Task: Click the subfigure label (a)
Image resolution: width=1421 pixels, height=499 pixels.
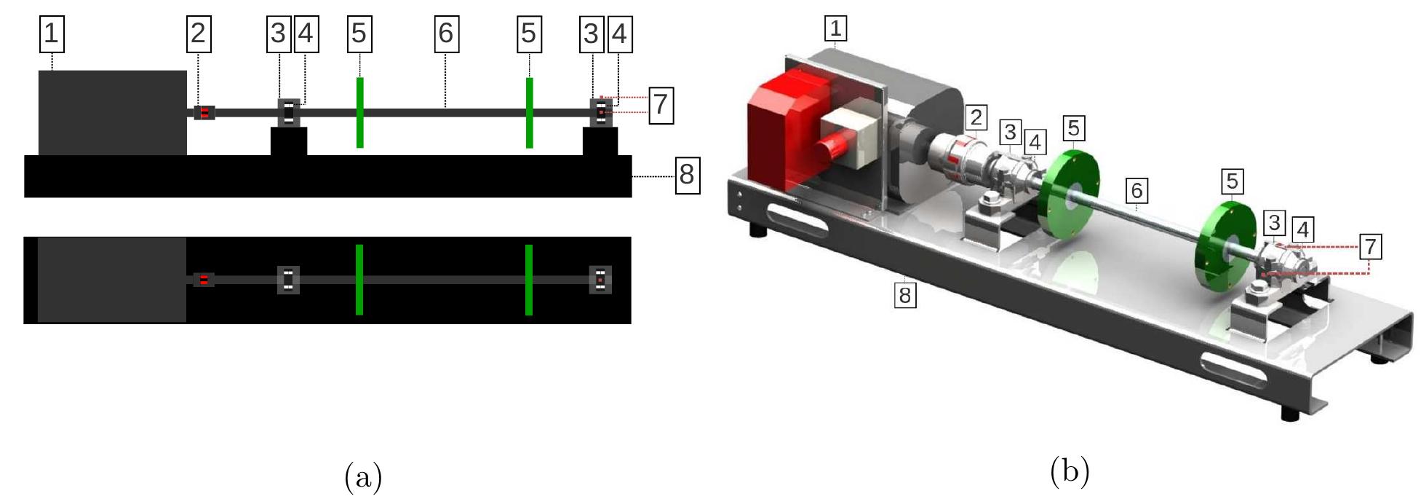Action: tap(362, 477)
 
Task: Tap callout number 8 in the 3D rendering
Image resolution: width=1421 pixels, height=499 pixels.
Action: tap(904, 295)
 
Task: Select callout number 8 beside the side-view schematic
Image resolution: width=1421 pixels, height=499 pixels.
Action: tap(687, 175)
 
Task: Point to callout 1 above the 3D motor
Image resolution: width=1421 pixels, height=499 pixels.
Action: tap(835, 28)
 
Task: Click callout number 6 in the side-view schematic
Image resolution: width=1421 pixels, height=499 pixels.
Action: tap(446, 34)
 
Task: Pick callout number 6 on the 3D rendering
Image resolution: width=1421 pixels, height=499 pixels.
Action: tap(1136, 191)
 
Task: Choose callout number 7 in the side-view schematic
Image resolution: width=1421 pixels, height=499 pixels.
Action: tap(660, 104)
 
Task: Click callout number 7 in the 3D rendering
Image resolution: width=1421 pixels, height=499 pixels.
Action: tap(1370, 246)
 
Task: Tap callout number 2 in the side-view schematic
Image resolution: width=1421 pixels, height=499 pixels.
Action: tap(198, 34)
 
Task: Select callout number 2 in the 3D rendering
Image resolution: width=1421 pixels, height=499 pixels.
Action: tap(976, 117)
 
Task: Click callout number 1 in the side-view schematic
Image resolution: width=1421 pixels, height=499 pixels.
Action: tap(51, 34)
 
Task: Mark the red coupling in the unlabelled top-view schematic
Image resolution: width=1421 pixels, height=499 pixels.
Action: tap(204, 280)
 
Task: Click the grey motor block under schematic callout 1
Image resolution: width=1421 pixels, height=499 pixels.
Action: tap(112, 113)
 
